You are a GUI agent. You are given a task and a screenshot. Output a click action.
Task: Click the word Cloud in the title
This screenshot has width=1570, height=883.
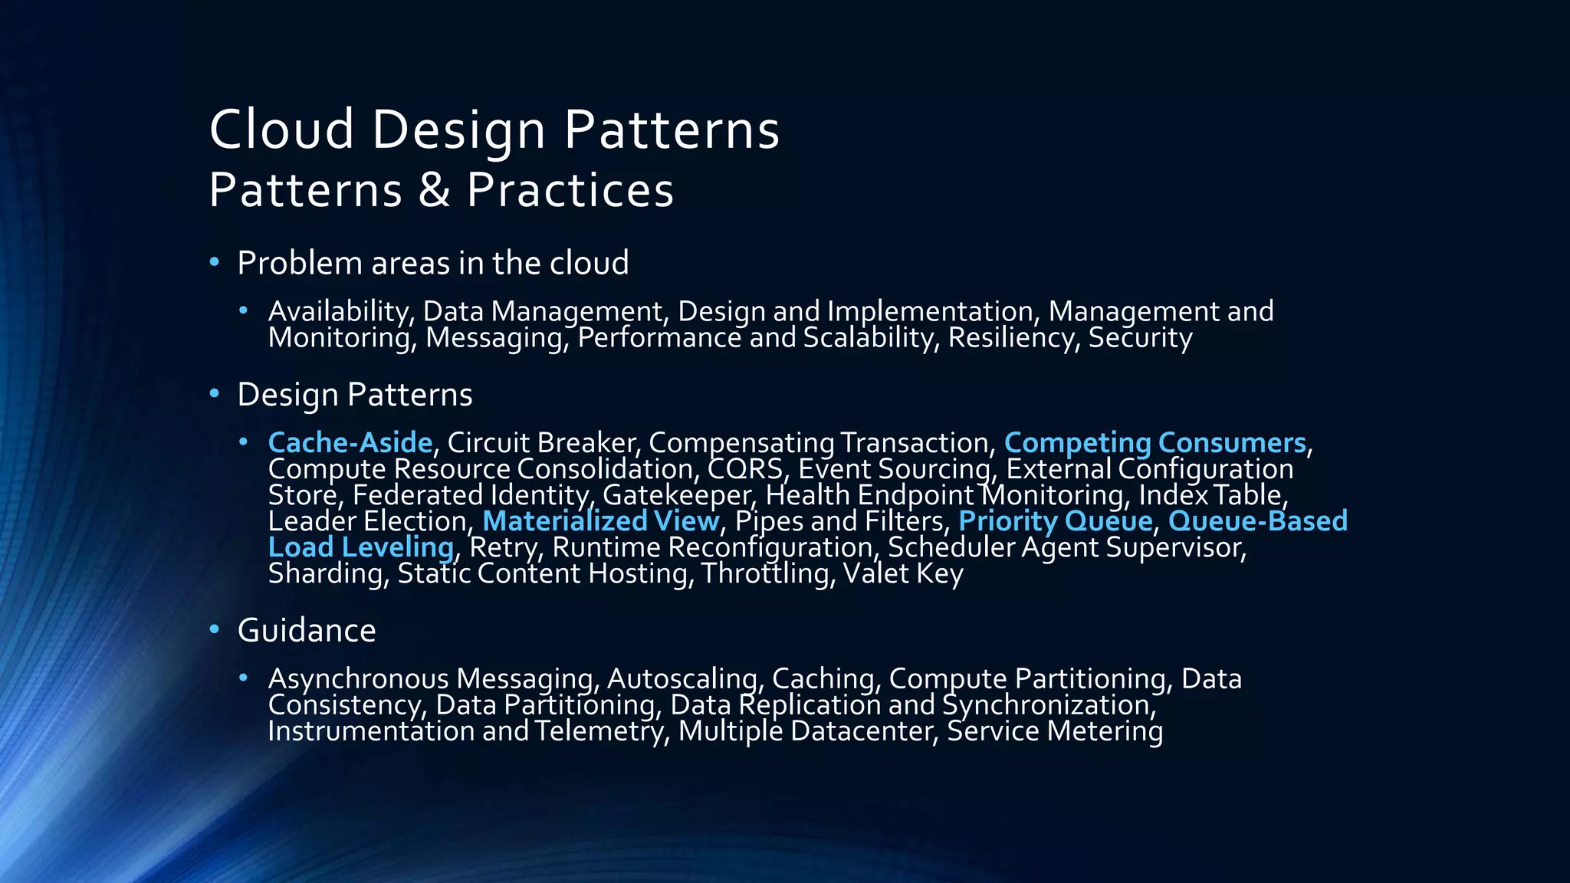coord(281,129)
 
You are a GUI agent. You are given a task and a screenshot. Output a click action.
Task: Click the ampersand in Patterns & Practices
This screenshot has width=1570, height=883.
coord(434,190)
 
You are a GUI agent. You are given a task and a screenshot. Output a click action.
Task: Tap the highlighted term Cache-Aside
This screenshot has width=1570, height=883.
coord(350,443)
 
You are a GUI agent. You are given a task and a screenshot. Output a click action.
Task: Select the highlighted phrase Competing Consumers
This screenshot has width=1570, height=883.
coord(1155,443)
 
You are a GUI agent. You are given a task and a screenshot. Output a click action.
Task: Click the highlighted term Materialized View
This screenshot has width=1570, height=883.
coord(600,521)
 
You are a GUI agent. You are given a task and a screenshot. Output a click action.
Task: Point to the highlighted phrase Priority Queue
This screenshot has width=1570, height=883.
coord(1055,521)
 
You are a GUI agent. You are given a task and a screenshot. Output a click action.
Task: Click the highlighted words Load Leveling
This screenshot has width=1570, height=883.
coord(360,547)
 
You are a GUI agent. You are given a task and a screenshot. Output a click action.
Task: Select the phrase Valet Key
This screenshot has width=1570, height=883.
coord(902,573)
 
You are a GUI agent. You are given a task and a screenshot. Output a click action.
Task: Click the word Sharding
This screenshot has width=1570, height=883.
coord(325,573)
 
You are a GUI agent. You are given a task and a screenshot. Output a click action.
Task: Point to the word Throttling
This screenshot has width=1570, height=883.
coord(767,573)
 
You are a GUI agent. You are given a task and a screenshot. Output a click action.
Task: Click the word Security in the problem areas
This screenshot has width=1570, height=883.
coord(1140,337)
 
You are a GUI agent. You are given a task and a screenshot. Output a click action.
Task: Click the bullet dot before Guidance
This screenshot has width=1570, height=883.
coord(215,630)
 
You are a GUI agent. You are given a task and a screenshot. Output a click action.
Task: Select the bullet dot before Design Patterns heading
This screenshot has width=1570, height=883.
coord(215,394)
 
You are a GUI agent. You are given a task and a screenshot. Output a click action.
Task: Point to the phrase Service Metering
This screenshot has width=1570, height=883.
coord(1055,730)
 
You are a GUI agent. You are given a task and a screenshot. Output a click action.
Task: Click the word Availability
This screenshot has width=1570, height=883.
coord(340,311)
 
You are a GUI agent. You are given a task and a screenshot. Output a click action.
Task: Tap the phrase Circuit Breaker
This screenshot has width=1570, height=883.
coord(540,443)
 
